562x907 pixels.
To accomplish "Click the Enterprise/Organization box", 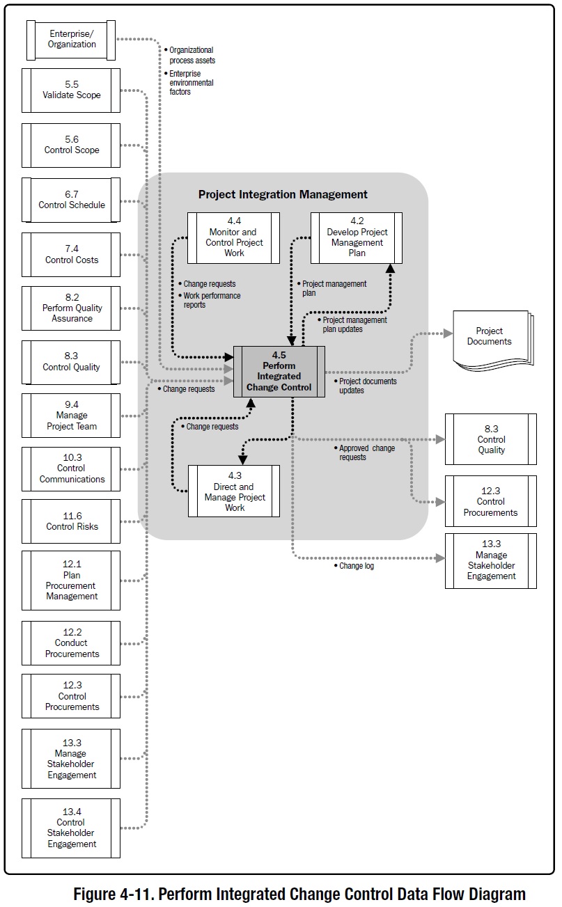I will [x=72, y=39].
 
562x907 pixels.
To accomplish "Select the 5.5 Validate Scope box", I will [x=71, y=90].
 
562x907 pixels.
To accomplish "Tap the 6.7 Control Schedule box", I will [x=71, y=200].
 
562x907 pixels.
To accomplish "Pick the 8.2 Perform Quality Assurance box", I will [x=71, y=308].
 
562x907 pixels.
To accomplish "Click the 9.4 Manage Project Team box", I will [x=71, y=416].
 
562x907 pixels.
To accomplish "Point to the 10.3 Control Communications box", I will [x=71, y=468].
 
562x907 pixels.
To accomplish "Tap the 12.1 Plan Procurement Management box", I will [x=71, y=581].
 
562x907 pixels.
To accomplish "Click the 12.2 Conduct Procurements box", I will [x=71, y=643].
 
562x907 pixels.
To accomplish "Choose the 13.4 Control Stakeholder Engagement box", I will [x=71, y=828].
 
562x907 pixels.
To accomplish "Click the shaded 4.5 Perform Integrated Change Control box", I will [x=279, y=372].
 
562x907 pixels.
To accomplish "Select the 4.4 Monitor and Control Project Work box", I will [x=234, y=238].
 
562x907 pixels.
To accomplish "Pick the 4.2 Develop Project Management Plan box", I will [x=357, y=238].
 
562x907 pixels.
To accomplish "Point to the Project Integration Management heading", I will [x=283, y=195].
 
